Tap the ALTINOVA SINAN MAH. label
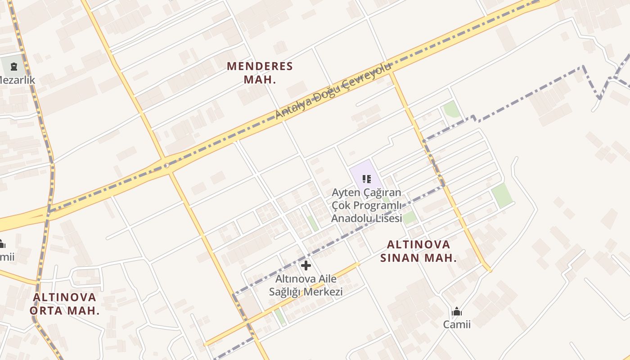[x=418, y=251]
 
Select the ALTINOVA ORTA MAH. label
[x=64, y=304]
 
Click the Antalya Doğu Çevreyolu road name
[x=333, y=92]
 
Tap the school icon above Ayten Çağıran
[x=367, y=179]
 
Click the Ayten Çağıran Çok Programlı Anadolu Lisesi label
[x=366, y=206]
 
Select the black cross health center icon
[x=306, y=265]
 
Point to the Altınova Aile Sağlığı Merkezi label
[x=306, y=285]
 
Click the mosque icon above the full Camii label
[x=457, y=311]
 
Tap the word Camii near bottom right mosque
[x=457, y=324]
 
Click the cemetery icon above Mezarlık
[x=13, y=67]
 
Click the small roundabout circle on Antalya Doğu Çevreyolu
[x=166, y=166]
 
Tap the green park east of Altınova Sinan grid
[x=501, y=195]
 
